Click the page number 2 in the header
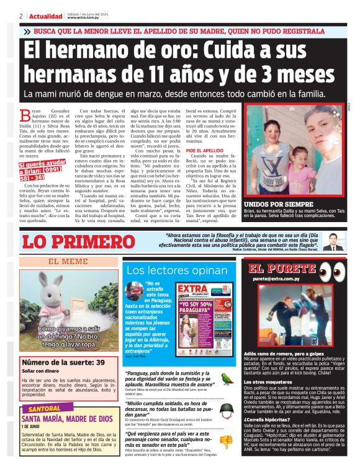click(x=21, y=16)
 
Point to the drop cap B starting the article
click(x=25, y=114)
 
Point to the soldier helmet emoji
click(x=228, y=410)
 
